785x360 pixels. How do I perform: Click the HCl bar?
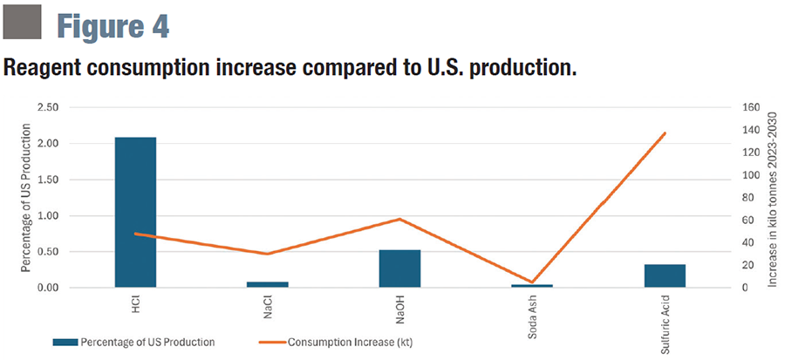coord(135,212)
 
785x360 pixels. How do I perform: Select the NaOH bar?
coord(399,268)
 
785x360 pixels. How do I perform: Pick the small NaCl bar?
coord(267,284)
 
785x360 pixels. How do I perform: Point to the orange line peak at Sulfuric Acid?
coord(665,133)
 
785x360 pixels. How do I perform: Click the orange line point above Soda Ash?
coord(532,282)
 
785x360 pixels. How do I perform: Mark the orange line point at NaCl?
coord(267,254)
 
